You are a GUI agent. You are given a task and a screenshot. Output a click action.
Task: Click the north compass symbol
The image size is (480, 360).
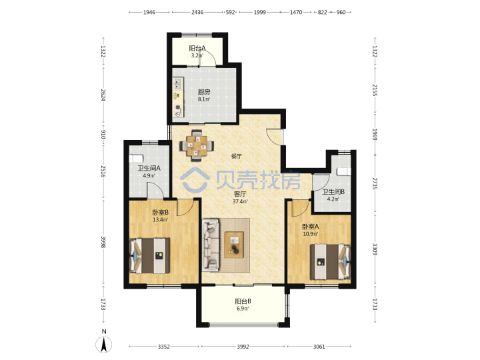104,345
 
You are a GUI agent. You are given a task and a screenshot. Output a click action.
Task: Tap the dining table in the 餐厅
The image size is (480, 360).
197,146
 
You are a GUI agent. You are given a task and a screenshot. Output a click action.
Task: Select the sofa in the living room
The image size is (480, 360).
211,245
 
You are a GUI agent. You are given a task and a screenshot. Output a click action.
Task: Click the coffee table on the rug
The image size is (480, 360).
234,244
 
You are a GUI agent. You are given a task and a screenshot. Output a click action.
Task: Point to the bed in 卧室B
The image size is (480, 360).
150,255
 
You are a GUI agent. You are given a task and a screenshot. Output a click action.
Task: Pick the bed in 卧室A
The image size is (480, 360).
330,261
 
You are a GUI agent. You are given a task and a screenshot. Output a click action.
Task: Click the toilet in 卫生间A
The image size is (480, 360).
136,158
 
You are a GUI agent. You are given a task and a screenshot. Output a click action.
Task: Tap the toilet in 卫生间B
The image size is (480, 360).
343,171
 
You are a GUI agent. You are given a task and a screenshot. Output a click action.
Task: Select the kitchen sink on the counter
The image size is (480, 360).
178,83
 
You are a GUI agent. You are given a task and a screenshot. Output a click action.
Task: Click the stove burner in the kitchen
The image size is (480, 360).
178,107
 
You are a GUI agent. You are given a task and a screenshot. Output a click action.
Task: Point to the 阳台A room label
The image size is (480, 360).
197,48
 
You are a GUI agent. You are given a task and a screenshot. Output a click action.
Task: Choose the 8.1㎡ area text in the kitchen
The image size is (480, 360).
204,99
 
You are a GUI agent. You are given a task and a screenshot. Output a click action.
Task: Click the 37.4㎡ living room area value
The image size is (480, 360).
240,201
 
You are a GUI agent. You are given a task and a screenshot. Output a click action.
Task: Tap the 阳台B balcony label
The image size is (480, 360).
243,301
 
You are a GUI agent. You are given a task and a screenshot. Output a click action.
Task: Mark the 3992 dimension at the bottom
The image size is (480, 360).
243,347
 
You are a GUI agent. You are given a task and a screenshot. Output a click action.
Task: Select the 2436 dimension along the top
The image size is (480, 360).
197,12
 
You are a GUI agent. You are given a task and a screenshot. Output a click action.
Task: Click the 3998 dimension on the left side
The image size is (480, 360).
103,242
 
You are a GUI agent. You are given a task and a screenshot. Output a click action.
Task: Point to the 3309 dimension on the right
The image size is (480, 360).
375,249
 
